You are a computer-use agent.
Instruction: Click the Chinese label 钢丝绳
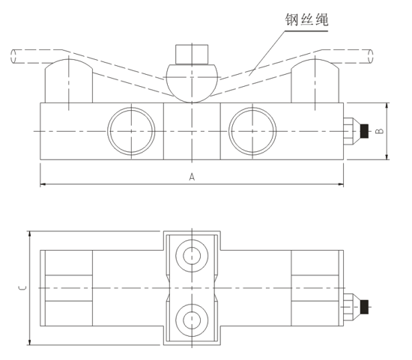point(306,20)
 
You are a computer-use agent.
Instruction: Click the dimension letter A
point(193,177)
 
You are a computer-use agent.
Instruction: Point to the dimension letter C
point(22,287)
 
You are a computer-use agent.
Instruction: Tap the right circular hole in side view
point(252,130)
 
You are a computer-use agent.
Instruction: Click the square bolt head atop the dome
point(191,55)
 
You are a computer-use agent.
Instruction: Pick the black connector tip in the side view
point(365,131)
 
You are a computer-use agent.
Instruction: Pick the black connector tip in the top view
point(365,306)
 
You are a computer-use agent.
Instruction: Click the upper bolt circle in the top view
point(191,255)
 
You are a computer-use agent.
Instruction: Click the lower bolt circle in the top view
point(191,320)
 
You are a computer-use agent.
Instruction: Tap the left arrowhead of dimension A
point(43,183)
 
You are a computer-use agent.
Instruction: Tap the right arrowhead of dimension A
point(341,183)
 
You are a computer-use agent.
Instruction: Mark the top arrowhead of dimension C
point(29,234)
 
